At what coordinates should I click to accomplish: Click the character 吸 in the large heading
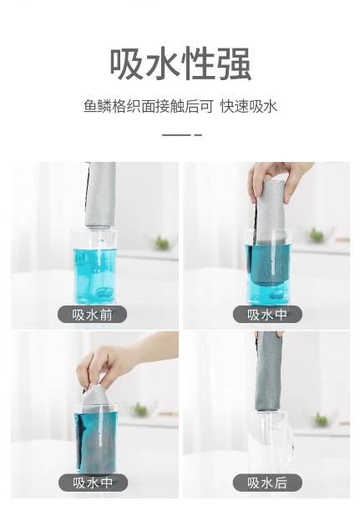126,63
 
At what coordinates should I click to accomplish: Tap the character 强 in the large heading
234,63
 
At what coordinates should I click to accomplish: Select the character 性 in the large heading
198,63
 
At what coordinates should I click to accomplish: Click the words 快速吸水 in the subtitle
248,107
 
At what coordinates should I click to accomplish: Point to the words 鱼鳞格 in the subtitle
104,107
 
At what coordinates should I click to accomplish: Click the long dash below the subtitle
176,135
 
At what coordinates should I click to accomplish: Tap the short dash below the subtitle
198,135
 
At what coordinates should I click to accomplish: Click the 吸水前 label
92,315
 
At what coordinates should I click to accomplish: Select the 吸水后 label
267,482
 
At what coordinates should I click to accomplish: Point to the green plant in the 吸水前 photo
162,243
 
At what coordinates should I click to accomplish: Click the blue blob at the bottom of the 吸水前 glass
104,293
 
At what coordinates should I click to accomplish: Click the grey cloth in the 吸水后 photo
269,371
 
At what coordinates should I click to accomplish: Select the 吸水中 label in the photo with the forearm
94,482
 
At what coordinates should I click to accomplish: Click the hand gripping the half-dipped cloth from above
277,180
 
